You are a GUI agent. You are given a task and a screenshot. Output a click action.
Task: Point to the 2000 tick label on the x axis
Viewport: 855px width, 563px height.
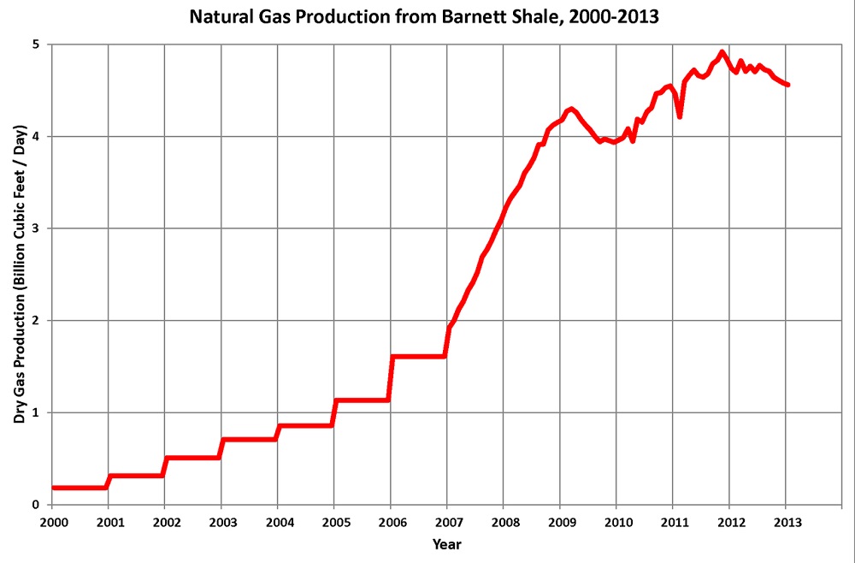(52, 522)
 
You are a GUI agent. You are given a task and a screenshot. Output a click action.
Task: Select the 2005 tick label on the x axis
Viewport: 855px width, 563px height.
(334, 522)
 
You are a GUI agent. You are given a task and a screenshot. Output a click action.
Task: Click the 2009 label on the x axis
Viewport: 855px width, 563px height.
(560, 522)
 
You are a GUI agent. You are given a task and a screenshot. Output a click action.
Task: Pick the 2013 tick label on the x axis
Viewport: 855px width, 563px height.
(787, 522)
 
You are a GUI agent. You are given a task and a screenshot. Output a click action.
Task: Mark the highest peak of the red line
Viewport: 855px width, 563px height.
(722, 52)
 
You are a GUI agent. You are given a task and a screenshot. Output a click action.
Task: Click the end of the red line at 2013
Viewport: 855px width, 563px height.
(787, 85)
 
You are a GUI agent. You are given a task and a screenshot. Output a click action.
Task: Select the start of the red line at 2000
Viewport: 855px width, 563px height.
(53, 488)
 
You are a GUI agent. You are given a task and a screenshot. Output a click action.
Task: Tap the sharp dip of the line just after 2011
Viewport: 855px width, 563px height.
(680, 116)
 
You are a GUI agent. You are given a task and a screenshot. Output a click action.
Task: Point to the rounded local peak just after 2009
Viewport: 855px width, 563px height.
(571, 109)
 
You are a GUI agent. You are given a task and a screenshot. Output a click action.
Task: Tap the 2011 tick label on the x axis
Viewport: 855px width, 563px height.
(674, 522)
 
